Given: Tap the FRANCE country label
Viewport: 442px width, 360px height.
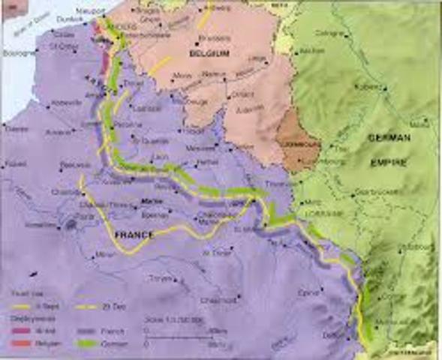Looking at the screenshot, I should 132,235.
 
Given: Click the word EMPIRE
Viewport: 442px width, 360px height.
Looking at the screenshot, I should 387,162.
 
